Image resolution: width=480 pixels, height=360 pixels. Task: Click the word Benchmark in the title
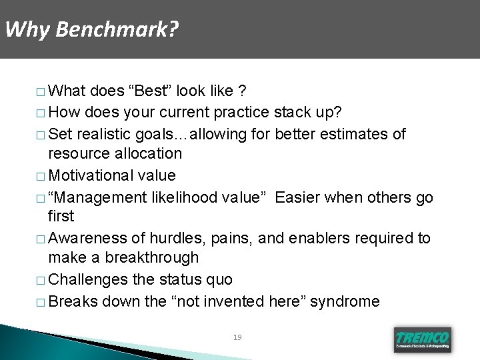[x=117, y=30]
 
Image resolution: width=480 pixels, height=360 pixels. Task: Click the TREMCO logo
[x=423, y=339]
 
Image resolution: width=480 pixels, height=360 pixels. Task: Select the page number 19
[x=237, y=337]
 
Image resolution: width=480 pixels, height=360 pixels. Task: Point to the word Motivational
[x=91, y=175]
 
